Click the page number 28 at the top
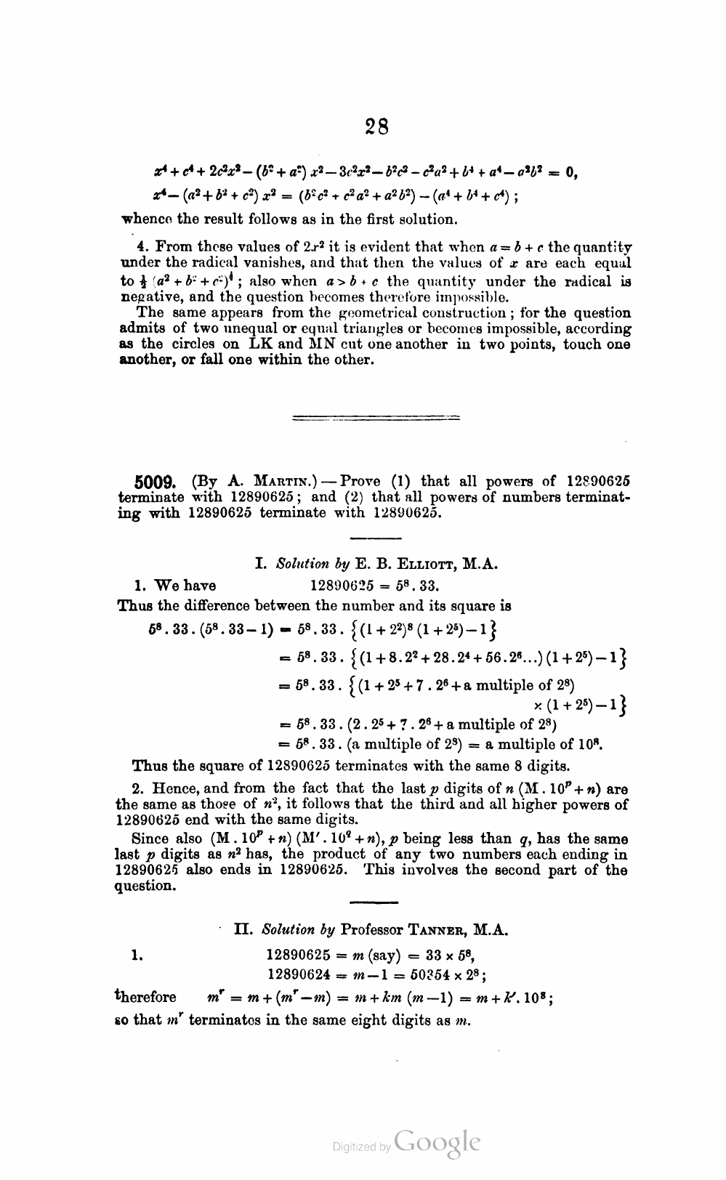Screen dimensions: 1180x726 [376, 127]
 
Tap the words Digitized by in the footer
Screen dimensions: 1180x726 [360, 1147]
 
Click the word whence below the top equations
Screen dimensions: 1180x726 [145, 218]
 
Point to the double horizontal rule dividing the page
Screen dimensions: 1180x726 [375, 418]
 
